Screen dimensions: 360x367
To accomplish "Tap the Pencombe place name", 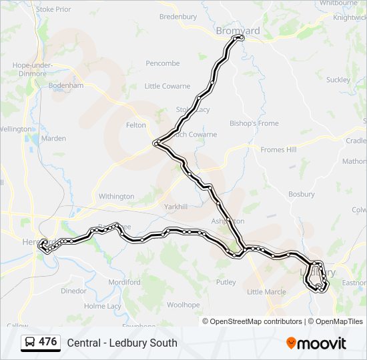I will coord(163,63).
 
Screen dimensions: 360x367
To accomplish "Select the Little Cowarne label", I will coord(167,86).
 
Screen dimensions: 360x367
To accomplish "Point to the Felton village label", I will coord(135,125).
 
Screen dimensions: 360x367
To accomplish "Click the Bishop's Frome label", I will coord(254,123).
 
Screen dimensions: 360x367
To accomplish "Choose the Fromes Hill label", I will coord(278,150).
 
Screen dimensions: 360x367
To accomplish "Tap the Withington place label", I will coord(116,197).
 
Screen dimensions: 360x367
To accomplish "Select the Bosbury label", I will coord(301,194).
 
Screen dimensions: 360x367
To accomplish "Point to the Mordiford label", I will coord(125,282).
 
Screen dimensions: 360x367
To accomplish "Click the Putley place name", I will coord(226,282).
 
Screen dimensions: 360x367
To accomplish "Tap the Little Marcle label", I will coord(266,292).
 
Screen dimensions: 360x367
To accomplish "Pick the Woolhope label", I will coord(183,305).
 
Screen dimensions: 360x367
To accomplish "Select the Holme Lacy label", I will coord(103,306).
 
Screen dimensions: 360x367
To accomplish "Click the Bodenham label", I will coord(66,86).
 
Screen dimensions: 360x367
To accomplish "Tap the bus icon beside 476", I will coord(31,342).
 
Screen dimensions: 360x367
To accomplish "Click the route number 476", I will coord(48,342).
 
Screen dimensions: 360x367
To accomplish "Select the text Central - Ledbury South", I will coord(122,343).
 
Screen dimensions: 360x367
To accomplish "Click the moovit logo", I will coord(316,343).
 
